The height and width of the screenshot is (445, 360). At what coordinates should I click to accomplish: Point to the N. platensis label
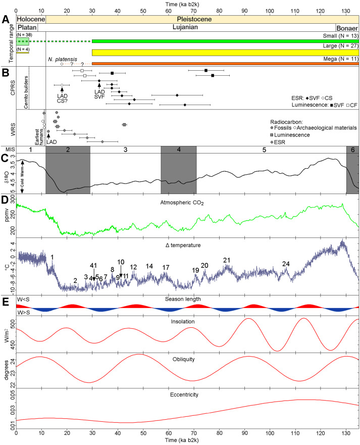point(62,59)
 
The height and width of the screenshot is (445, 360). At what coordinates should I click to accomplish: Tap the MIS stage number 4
point(178,150)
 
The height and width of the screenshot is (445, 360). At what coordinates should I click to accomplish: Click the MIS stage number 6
point(352,150)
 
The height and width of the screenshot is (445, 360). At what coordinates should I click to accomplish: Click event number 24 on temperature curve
point(286,264)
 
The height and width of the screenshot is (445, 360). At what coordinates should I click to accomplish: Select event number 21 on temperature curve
point(227,260)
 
